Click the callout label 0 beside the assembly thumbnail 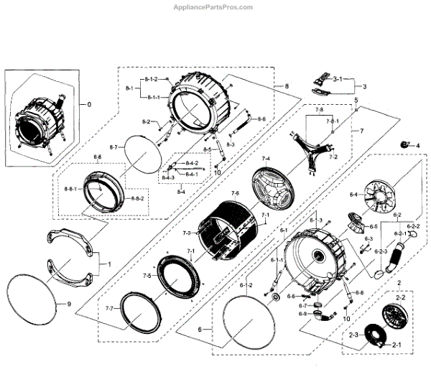89,105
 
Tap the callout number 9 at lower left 69,304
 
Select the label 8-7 113,147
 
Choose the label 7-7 109,308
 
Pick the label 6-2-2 414,226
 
